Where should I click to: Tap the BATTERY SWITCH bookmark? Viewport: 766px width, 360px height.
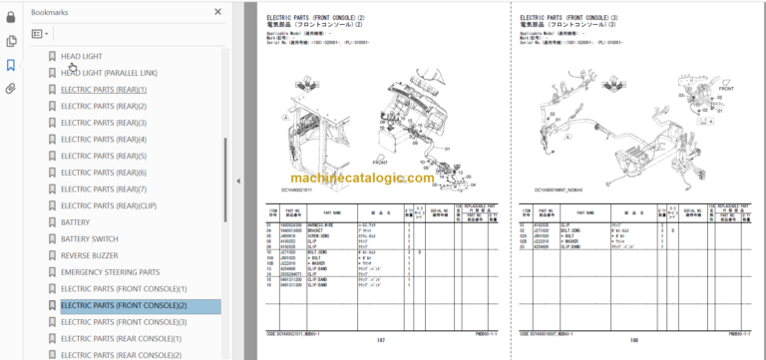click(91, 239)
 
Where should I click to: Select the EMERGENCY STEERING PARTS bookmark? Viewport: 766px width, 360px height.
click(110, 272)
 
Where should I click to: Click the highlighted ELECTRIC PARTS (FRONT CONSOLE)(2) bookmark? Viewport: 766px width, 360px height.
click(124, 305)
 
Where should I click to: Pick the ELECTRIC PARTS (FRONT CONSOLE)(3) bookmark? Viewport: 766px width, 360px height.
click(124, 322)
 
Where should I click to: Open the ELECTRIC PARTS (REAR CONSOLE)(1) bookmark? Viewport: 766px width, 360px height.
click(122, 339)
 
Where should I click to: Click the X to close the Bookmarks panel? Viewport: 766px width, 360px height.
click(217, 12)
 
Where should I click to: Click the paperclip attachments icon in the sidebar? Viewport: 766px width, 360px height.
click(11, 88)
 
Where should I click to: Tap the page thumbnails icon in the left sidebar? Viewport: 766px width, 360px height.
click(11, 41)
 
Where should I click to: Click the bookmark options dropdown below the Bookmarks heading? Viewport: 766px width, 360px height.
click(41, 34)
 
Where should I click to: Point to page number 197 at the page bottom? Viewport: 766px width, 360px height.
click(379, 339)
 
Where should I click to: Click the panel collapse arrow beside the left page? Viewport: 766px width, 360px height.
click(238, 180)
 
